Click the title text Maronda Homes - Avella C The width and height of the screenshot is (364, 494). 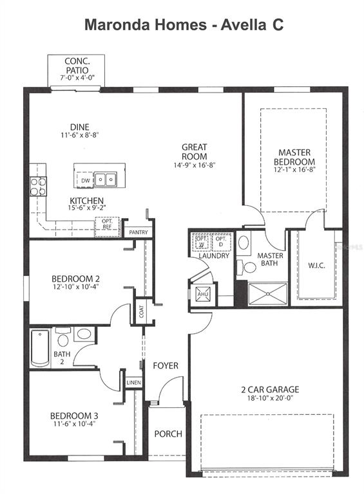tap(184, 25)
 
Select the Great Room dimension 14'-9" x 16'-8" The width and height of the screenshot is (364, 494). tap(194, 165)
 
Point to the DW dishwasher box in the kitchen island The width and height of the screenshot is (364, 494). tap(86, 181)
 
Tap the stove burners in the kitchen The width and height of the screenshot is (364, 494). tap(38, 186)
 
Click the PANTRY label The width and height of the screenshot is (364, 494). tap(139, 232)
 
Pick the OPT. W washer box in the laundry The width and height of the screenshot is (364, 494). tap(201, 242)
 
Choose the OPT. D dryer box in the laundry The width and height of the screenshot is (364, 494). tap(220, 242)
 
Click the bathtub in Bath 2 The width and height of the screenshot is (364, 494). tap(40, 347)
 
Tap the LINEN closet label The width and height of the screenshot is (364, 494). tap(134, 383)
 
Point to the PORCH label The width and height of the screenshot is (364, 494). tap(169, 434)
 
